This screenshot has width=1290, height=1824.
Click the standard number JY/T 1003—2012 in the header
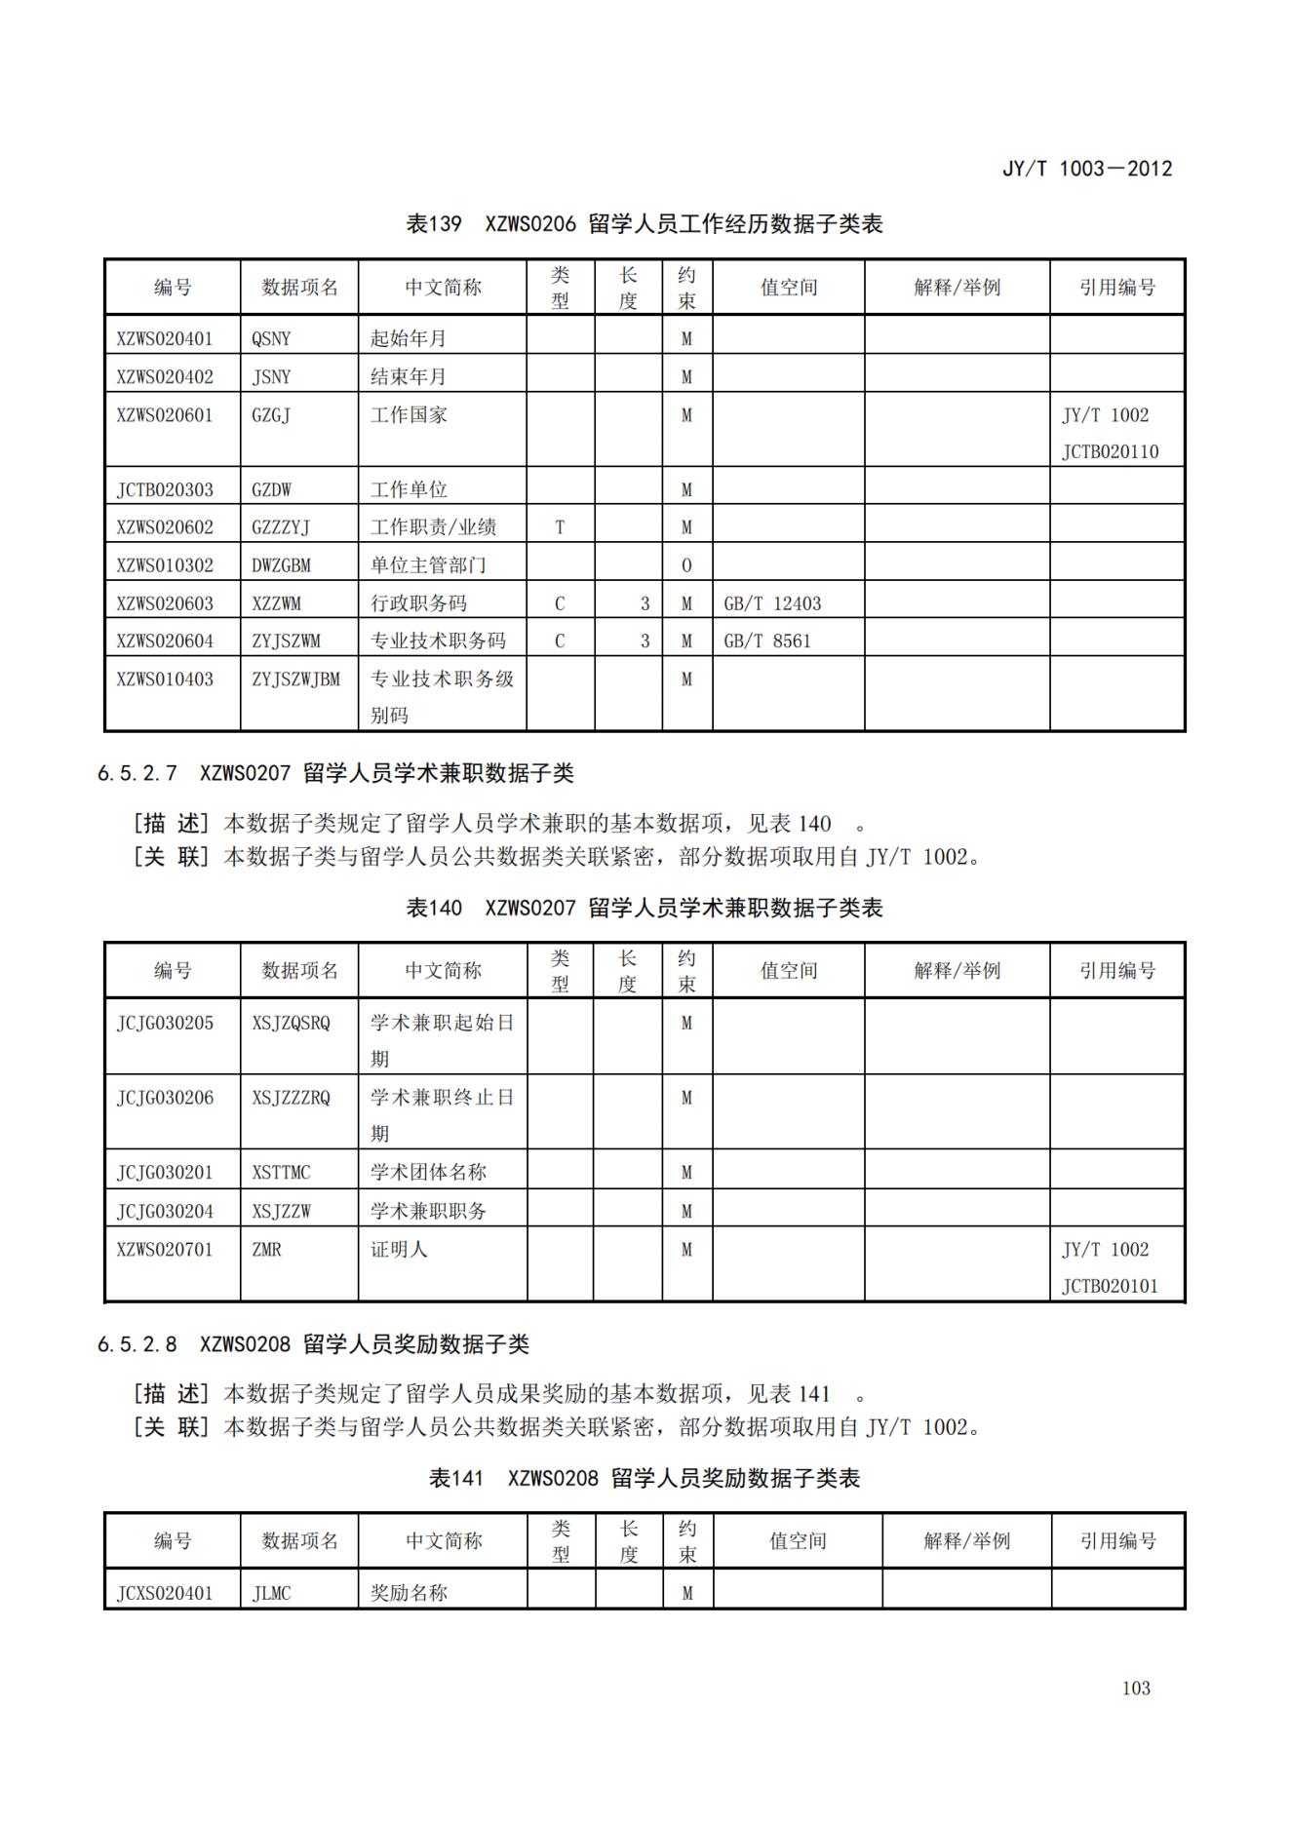pos(1086,169)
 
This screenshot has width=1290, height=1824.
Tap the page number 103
pos(1136,1688)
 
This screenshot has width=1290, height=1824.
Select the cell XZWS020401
pos(164,338)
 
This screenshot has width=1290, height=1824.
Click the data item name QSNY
pos(271,338)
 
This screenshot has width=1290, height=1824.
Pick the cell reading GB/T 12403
pos(772,603)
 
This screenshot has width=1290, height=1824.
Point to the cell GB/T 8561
pos(767,640)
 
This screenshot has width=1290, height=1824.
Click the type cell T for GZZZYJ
pos(560,527)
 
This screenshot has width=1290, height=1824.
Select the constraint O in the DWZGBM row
pos(686,565)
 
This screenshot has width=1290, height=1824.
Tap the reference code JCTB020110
pos(1110,451)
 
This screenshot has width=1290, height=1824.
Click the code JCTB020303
pos(164,489)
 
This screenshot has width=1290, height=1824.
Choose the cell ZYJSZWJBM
pos(295,679)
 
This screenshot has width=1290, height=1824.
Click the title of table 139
pos(644,224)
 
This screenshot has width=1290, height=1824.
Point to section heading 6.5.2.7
pos(335,773)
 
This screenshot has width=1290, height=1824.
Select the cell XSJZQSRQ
pos(291,1023)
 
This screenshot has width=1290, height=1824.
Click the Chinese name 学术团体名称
pos(428,1172)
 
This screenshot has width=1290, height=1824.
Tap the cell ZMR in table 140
pos(266,1249)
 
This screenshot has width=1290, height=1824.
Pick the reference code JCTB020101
pos(1110,1286)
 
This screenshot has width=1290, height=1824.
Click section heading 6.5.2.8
pos(313,1344)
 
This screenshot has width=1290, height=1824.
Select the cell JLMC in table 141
pos(271,1593)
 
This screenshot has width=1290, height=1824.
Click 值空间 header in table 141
pos(797,1540)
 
